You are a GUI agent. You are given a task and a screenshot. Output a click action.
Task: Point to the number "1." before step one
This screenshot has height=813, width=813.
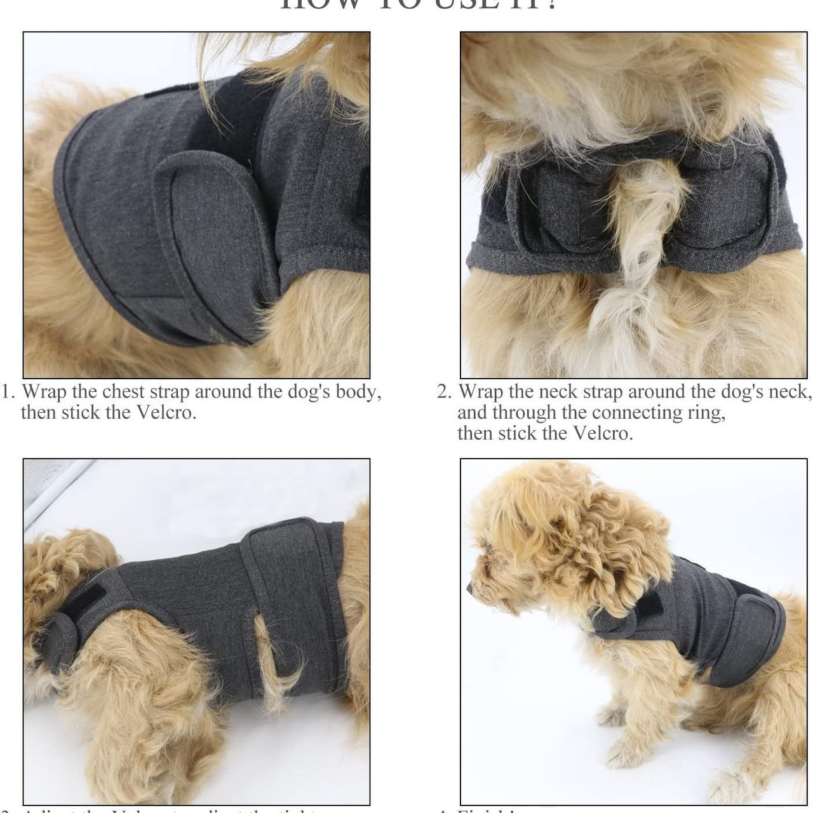point(10,392)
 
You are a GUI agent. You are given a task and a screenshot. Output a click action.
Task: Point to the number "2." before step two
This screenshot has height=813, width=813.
point(445,392)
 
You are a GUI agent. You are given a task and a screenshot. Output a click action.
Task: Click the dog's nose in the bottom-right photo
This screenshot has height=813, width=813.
point(471,588)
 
